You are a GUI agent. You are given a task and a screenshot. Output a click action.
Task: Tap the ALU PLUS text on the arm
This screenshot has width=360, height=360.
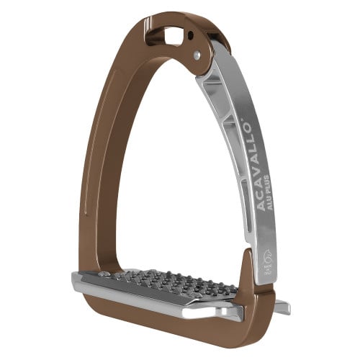click(252, 204)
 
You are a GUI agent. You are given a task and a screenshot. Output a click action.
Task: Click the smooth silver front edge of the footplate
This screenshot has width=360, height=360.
click(144, 307)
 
